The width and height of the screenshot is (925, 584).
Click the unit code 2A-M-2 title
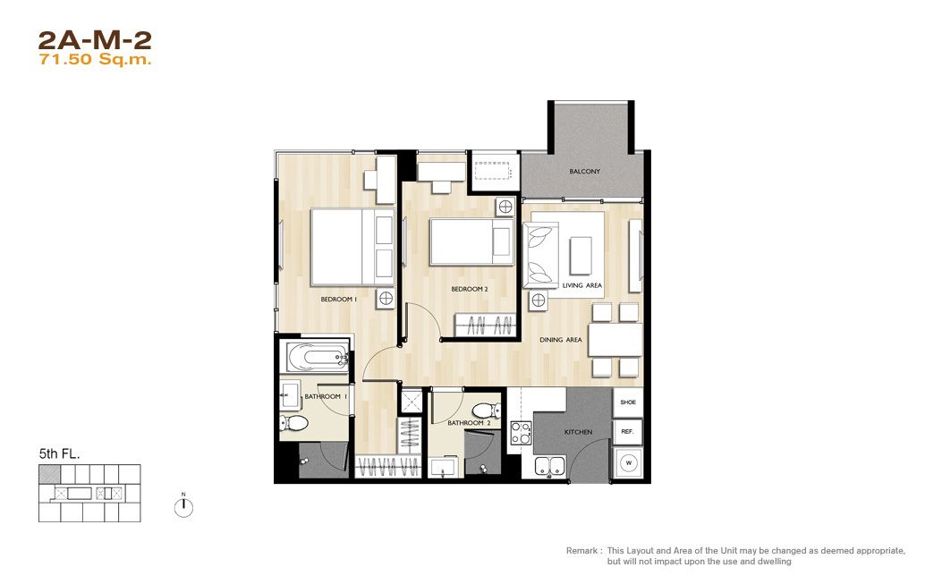(95, 40)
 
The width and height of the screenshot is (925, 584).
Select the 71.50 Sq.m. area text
(95, 60)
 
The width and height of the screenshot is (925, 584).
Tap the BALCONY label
(585, 172)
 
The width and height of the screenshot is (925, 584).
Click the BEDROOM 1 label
(339, 300)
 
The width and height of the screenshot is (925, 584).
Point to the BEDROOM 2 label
(470, 290)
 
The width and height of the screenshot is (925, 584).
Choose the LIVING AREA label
(582, 285)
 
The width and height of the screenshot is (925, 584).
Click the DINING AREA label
(560, 340)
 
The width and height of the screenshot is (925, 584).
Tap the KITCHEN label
(578, 432)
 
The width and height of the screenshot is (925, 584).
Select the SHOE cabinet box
(628, 402)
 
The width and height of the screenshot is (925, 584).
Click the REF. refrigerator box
(628, 432)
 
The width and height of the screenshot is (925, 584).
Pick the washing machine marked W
(628, 462)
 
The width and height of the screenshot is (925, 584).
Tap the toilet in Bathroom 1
(294, 423)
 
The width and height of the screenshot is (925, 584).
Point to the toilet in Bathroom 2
(488, 410)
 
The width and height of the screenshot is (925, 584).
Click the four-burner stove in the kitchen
(521, 433)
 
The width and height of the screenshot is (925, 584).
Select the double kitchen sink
(550, 466)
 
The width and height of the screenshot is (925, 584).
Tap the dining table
(615, 340)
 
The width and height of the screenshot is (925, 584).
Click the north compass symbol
(184, 507)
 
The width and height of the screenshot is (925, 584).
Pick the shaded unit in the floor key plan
(49, 474)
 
